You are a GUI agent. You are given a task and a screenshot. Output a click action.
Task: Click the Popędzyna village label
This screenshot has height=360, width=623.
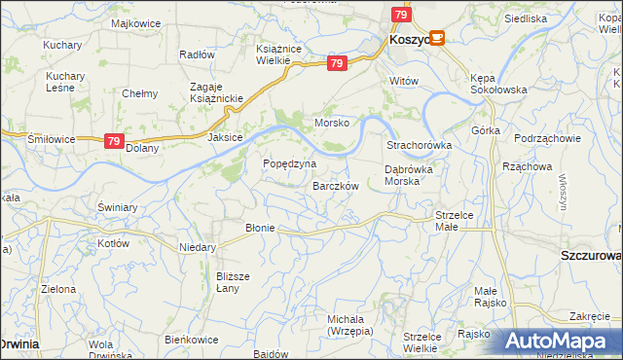click(x=289, y=163)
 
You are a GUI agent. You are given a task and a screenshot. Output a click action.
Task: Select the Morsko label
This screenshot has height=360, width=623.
click(x=331, y=124)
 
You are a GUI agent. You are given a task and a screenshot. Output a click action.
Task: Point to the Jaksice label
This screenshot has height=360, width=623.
click(x=224, y=138)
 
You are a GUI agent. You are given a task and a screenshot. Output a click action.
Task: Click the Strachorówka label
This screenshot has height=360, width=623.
click(x=420, y=145)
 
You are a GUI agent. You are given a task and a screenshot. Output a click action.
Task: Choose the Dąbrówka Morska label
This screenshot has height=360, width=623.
click(x=415, y=175)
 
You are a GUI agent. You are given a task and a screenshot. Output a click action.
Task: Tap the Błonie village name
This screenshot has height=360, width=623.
click(x=261, y=228)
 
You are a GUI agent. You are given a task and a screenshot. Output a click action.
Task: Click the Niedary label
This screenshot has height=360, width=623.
click(x=197, y=247)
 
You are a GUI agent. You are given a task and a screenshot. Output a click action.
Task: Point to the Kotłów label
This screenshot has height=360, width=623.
click(x=113, y=243)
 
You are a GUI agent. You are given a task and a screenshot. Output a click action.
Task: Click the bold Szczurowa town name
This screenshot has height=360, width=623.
click(x=591, y=255)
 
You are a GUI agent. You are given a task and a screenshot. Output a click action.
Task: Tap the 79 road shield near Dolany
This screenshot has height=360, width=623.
click(x=114, y=141)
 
